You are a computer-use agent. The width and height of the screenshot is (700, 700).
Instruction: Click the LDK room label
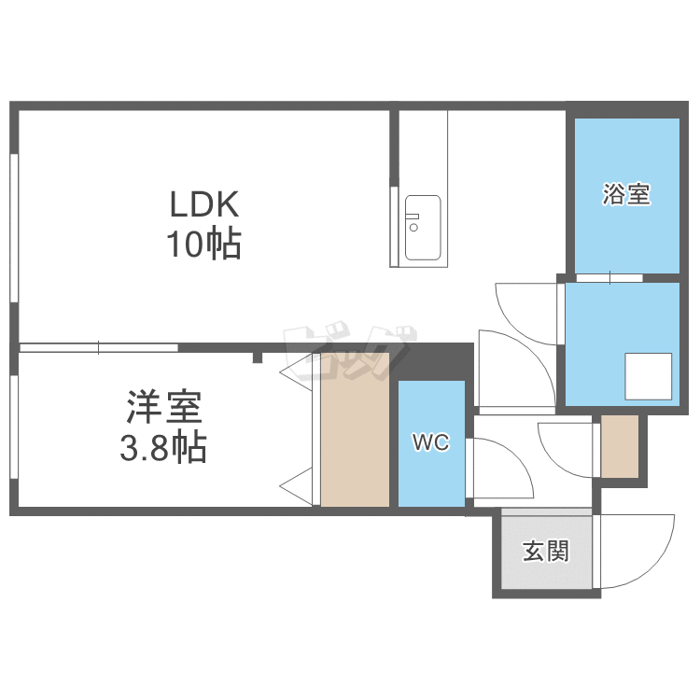(x=204, y=204)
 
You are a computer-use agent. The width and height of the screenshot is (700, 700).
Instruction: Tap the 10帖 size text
(x=204, y=244)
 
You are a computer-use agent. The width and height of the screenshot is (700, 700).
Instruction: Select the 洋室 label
(x=164, y=407)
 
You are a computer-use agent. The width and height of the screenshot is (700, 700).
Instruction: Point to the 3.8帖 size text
(x=163, y=446)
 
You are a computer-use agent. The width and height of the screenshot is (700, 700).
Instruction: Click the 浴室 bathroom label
(x=626, y=194)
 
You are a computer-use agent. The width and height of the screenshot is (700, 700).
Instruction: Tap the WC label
(x=431, y=442)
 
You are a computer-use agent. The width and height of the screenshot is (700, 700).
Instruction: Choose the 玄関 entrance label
(x=546, y=551)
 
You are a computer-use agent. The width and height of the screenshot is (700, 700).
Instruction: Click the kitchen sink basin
(x=422, y=228)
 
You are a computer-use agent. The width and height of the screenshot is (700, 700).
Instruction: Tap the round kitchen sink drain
(x=413, y=228)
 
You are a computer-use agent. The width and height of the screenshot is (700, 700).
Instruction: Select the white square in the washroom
(x=649, y=376)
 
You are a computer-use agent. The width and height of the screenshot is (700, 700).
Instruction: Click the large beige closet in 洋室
(x=355, y=429)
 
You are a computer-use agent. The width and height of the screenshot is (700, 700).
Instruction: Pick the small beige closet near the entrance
(x=620, y=446)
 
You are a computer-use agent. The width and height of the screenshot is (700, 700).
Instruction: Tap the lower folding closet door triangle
(x=296, y=486)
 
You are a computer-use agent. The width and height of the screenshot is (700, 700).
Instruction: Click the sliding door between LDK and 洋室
(x=99, y=348)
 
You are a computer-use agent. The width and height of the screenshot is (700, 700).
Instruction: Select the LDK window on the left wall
(x=14, y=228)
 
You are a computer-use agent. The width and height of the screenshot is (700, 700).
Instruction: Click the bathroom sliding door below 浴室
(x=609, y=278)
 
